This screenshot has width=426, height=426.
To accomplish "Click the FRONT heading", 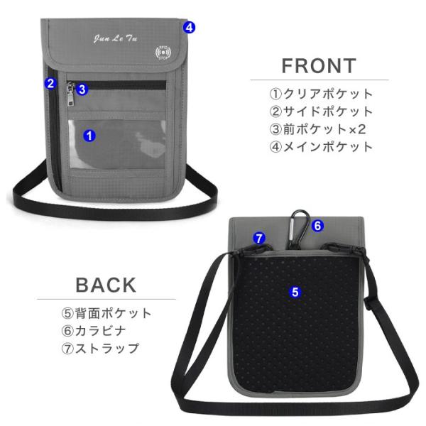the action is [x=319, y=66].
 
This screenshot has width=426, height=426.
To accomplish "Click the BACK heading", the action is [x=106, y=285].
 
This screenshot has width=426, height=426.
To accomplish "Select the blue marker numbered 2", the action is [x=50, y=83].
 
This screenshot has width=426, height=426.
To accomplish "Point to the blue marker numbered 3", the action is [x=82, y=89].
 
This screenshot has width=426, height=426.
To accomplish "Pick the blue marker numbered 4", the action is [x=189, y=28].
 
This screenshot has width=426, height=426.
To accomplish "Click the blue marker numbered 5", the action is [x=295, y=291].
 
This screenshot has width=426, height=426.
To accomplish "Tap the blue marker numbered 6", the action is [x=317, y=226].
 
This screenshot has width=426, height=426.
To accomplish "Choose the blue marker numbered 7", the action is [x=259, y=239].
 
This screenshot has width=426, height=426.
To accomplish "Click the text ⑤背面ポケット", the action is [x=106, y=313].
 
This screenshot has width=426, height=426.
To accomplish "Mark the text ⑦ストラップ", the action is [x=99, y=349].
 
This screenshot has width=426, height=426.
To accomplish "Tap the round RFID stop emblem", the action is [x=163, y=53].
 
